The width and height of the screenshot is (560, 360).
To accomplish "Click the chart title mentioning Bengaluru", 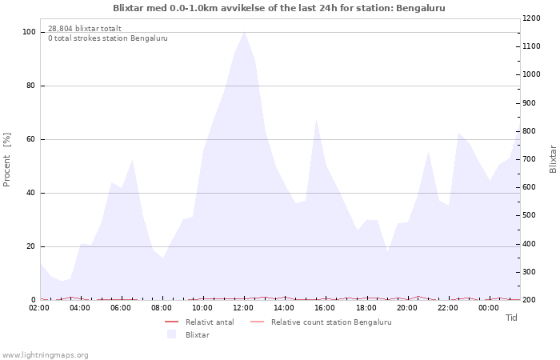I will click(279, 8).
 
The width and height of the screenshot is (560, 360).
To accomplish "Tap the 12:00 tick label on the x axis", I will click(244, 307).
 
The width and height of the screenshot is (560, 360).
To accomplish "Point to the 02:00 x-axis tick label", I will click(39, 307).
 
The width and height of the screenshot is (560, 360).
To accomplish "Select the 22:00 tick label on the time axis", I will click(448, 307).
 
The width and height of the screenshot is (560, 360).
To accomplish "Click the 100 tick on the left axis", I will click(29, 32).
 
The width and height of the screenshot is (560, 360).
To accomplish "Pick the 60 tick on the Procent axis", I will click(31, 139).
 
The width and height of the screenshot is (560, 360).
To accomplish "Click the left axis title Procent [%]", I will click(7, 160).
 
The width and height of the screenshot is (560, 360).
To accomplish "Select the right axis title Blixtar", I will click(553, 159).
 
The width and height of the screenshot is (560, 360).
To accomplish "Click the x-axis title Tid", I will click(511, 318).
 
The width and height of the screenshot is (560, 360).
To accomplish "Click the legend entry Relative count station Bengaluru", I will click(330, 322).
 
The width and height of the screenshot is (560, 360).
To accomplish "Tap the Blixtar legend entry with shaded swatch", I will click(197, 334).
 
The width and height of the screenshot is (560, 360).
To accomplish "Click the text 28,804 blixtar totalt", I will click(85, 29).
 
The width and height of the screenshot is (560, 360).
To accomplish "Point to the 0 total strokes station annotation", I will click(108, 38).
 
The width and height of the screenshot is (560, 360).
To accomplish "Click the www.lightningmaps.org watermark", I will click(46, 354).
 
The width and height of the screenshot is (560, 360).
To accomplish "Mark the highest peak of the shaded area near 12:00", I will click(244, 31).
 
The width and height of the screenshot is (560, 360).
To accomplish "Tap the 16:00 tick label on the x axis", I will click(326, 307).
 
